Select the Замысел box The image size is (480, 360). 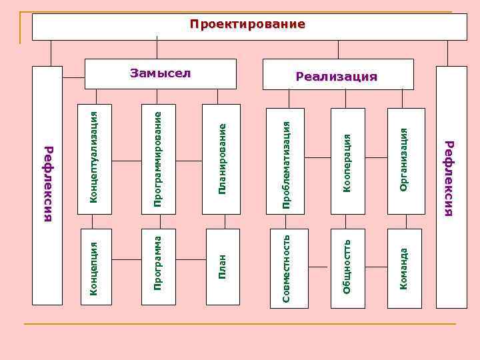[x=161, y=73]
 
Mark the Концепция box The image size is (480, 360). [x=95, y=267]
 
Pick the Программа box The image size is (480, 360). [x=159, y=267]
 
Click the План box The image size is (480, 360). [x=223, y=267]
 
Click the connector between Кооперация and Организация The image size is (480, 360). [x=376, y=157]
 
